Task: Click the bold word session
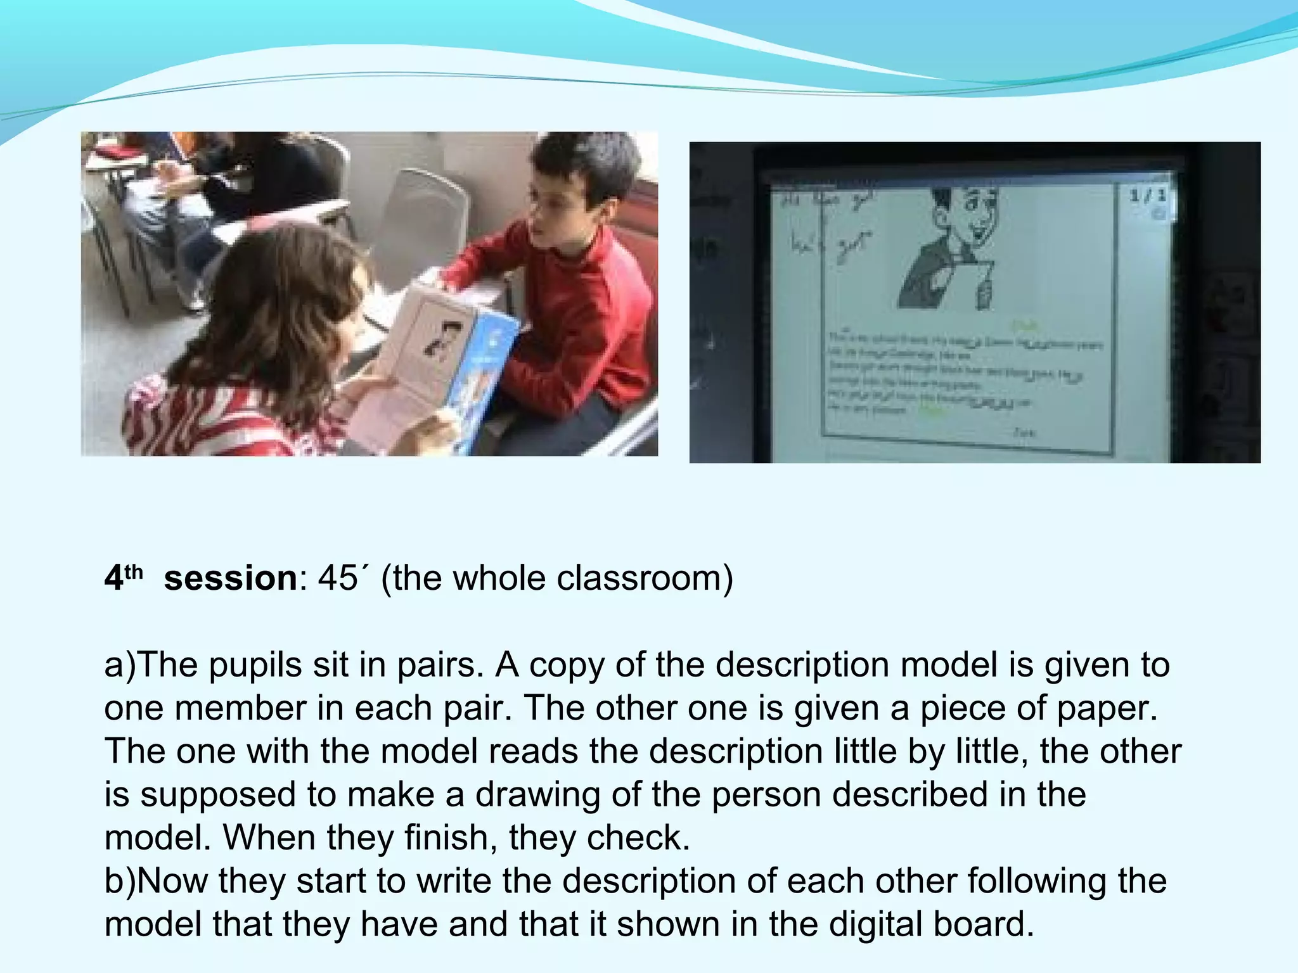tap(230, 578)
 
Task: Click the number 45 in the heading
tap(338, 578)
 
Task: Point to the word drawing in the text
tap(537, 794)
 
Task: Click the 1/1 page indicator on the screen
tap(1147, 196)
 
